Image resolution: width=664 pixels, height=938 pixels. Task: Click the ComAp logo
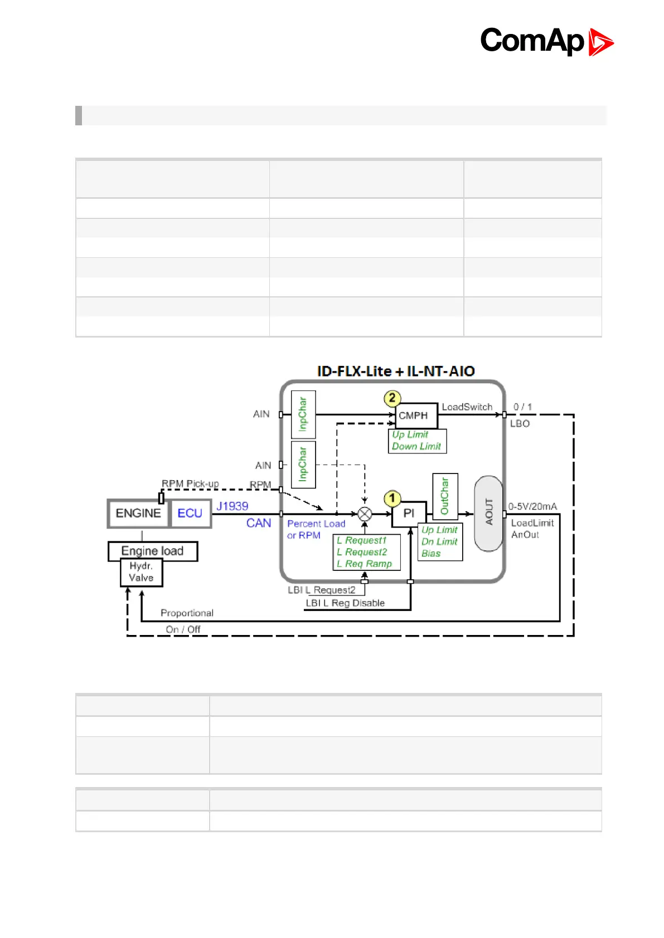tap(546, 41)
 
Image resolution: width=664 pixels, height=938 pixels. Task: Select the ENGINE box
tap(138, 514)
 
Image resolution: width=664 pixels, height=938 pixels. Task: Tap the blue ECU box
tap(190, 514)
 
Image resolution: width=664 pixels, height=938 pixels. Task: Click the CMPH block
tap(413, 416)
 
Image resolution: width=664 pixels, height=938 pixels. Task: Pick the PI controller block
tap(409, 514)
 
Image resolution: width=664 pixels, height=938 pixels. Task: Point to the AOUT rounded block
tap(489, 513)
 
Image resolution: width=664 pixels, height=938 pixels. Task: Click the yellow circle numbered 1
tap(392, 498)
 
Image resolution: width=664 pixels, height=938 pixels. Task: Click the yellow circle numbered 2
tap(392, 398)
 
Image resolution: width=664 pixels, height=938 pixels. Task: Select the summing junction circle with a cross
tap(365, 514)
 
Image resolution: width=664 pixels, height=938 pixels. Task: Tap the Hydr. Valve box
tap(141, 573)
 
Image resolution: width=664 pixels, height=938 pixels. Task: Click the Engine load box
tap(152, 551)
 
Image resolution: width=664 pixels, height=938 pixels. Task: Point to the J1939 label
tap(232, 506)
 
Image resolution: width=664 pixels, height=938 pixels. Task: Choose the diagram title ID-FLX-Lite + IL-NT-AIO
tap(396, 372)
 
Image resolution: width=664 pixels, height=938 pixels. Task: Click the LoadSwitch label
tap(467, 407)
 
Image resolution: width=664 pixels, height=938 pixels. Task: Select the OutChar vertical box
tap(445, 496)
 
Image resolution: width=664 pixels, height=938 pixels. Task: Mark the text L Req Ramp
tap(364, 564)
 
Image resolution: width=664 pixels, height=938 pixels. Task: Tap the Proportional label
tap(187, 613)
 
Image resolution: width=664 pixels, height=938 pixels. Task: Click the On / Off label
tap(183, 629)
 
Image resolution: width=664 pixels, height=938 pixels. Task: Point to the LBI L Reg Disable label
tap(345, 603)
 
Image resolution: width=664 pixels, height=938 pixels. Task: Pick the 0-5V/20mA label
tap(532, 506)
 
